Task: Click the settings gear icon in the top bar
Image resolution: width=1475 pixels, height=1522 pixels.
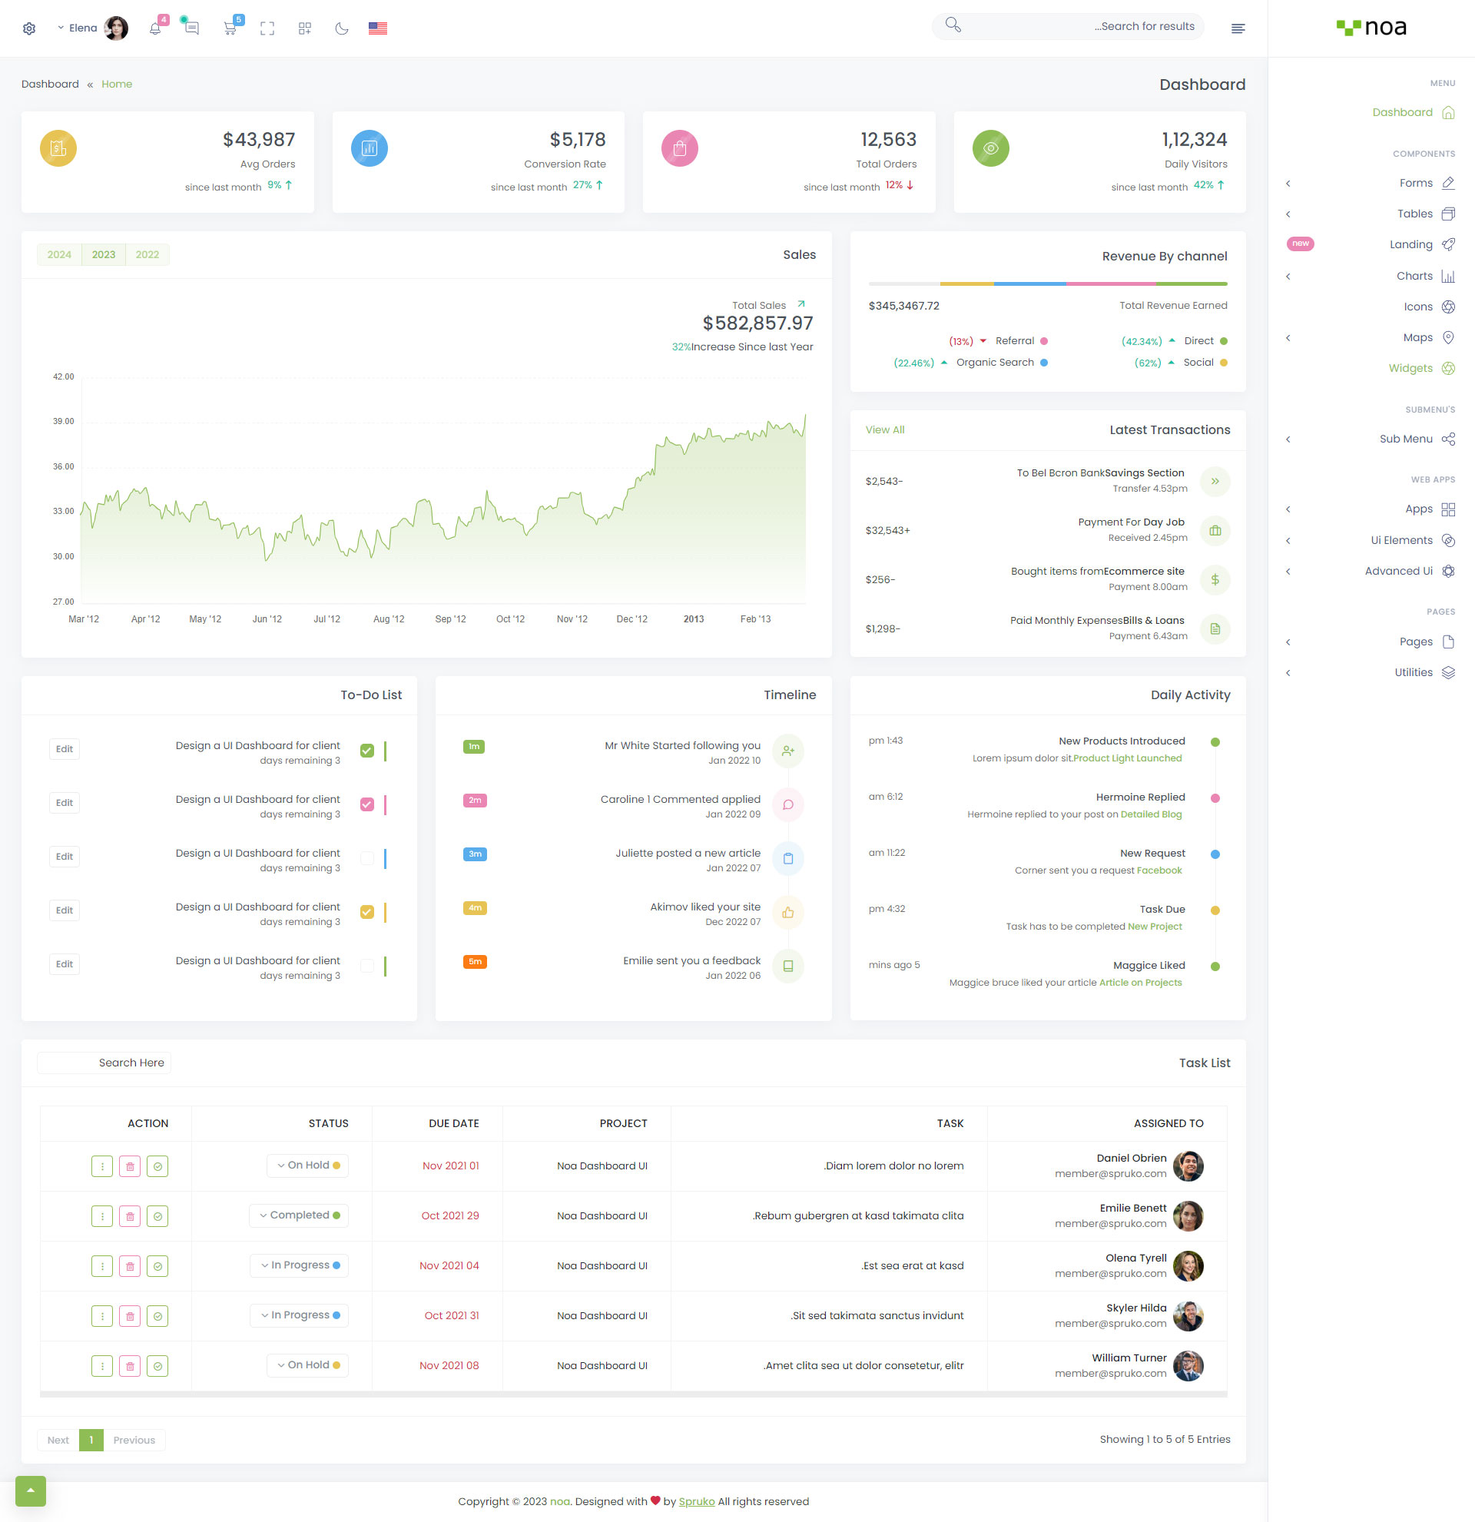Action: (x=29, y=28)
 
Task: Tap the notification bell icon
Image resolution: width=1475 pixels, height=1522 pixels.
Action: (x=155, y=28)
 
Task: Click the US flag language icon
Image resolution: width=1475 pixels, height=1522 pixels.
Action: (x=377, y=28)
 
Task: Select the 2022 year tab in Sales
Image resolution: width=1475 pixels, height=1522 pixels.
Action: (x=147, y=255)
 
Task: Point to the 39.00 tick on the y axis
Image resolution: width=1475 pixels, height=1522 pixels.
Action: (x=64, y=422)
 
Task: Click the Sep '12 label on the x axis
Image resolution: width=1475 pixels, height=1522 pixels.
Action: (x=450, y=620)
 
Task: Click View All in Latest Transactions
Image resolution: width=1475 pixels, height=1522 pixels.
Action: (x=885, y=430)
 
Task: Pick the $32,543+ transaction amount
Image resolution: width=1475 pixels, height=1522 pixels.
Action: (x=887, y=531)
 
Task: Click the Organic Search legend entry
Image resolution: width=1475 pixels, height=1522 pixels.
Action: (x=994, y=363)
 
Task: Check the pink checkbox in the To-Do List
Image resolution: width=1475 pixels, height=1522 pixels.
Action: (x=367, y=804)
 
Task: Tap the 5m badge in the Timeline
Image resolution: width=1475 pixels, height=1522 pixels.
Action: (x=475, y=962)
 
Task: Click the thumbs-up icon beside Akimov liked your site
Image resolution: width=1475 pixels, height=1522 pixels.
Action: (x=788, y=914)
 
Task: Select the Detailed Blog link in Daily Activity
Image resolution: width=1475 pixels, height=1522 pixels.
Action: (x=1151, y=814)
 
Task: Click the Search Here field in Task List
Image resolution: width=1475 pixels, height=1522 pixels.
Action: (x=104, y=1063)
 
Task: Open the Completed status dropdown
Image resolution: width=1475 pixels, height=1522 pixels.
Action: (x=299, y=1216)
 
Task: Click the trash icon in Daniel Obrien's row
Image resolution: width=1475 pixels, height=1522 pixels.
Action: (x=130, y=1166)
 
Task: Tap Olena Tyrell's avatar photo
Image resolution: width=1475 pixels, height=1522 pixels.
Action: (x=1188, y=1266)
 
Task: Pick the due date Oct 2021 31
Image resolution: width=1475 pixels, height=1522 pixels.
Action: (x=451, y=1316)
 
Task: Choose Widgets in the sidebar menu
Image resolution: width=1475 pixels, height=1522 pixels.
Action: (x=1410, y=369)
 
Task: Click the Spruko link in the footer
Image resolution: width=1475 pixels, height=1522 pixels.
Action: (x=696, y=1502)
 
